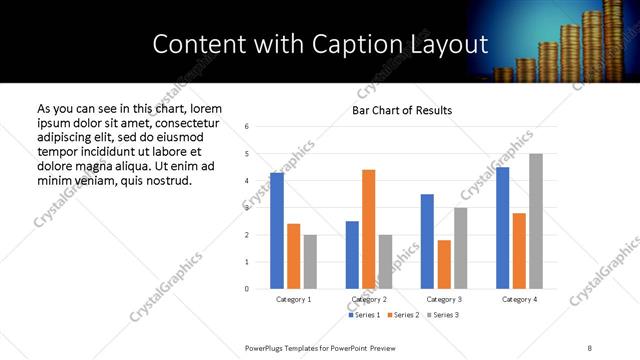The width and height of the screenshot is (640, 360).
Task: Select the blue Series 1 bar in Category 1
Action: click(277, 231)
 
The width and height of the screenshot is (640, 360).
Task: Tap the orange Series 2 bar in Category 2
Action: click(368, 229)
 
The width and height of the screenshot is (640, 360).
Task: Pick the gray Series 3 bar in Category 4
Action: click(536, 221)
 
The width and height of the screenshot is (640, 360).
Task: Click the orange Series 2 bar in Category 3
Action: click(444, 264)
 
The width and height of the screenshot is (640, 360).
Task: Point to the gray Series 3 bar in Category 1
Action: click(310, 262)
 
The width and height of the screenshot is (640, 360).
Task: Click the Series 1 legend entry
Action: click(364, 315)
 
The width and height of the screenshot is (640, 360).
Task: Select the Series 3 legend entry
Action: click(443, 315)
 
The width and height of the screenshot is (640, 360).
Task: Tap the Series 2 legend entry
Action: click(403, 315)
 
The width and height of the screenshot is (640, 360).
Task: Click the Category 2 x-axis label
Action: click(369, 299)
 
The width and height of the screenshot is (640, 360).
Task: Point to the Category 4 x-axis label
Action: click(519, 299)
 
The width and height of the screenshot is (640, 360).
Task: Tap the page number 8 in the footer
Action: click(589, 347)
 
